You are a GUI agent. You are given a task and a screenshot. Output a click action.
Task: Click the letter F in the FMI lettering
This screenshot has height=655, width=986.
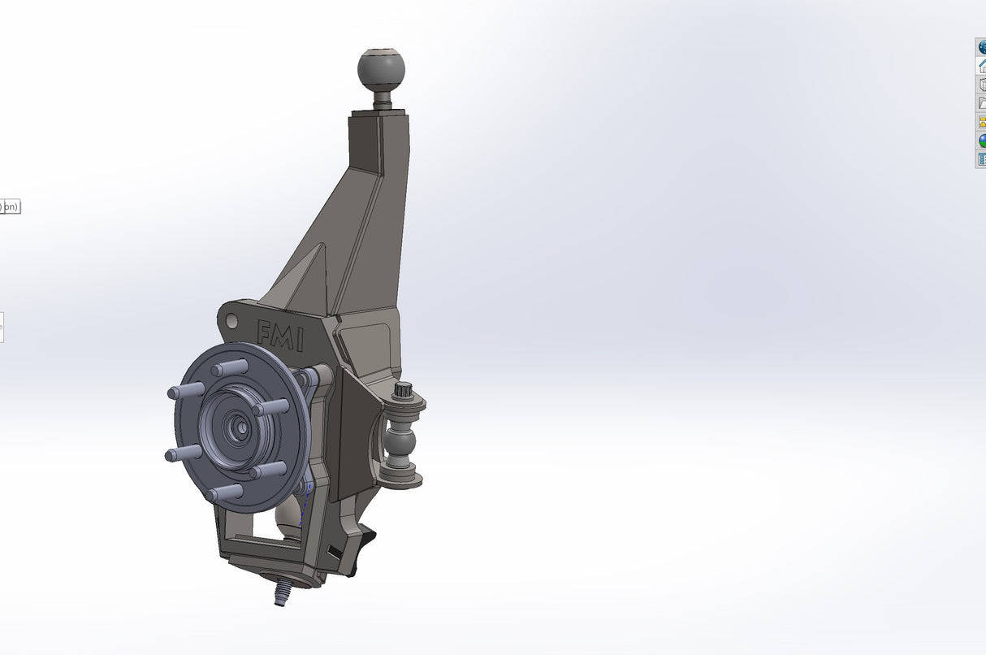click(x=266, y=332)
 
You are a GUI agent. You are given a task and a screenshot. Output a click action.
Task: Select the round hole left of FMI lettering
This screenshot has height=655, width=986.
click(x=231, y=321)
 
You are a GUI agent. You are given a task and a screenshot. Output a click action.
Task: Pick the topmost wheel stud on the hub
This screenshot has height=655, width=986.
click(x=230, y=368)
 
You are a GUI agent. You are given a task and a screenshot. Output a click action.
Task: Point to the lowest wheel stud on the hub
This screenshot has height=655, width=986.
click(x=223, y=493)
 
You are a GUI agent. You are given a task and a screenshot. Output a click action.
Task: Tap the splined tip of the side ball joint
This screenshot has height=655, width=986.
click(x=404, y=392)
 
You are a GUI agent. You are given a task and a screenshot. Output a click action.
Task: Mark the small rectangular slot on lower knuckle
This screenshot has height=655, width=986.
click(x=333, y=553)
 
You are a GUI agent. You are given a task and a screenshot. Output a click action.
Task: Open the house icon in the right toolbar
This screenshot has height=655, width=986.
click(x=981, y=66)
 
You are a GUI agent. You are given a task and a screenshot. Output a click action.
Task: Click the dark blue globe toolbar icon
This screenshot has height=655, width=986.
click(x=981, y=46)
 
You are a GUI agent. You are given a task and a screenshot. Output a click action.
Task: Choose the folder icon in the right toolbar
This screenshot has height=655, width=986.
click(x=981, y=103)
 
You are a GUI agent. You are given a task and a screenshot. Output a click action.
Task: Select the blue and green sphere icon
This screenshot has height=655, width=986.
click(x=981, y=140)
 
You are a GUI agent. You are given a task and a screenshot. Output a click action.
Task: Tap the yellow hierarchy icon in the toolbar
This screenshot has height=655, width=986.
click(x=981, y=122)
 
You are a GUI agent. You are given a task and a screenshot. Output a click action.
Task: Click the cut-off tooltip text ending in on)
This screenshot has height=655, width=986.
click(x=9, y=206)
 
